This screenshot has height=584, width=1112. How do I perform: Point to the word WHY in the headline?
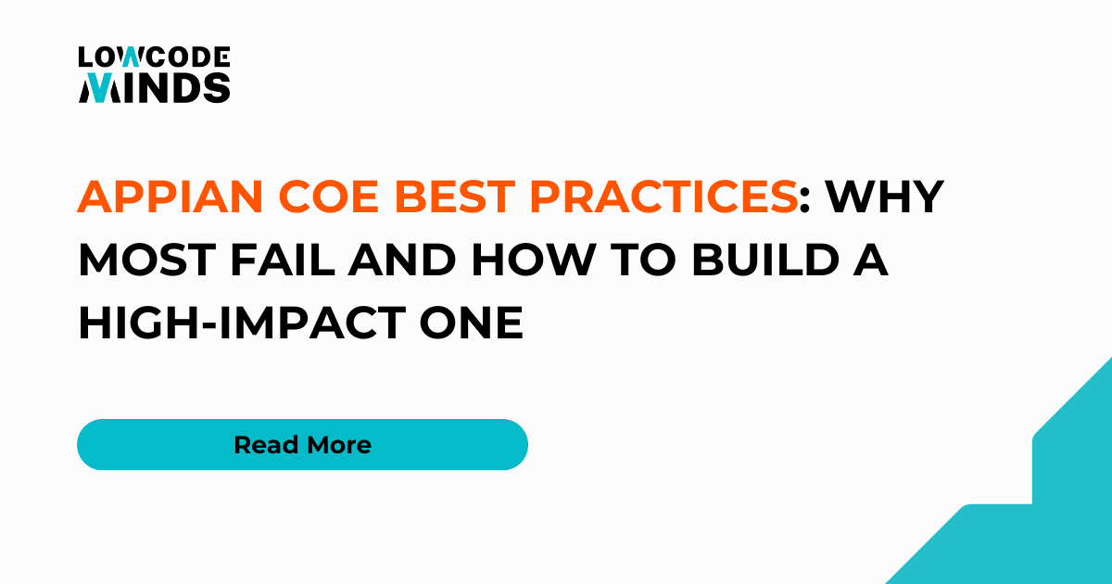pos(884,197)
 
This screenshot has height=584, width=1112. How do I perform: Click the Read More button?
pos(302,445)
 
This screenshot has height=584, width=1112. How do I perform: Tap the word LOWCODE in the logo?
pos(154,58)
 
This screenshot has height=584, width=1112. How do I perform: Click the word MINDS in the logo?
pos(154,88)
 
